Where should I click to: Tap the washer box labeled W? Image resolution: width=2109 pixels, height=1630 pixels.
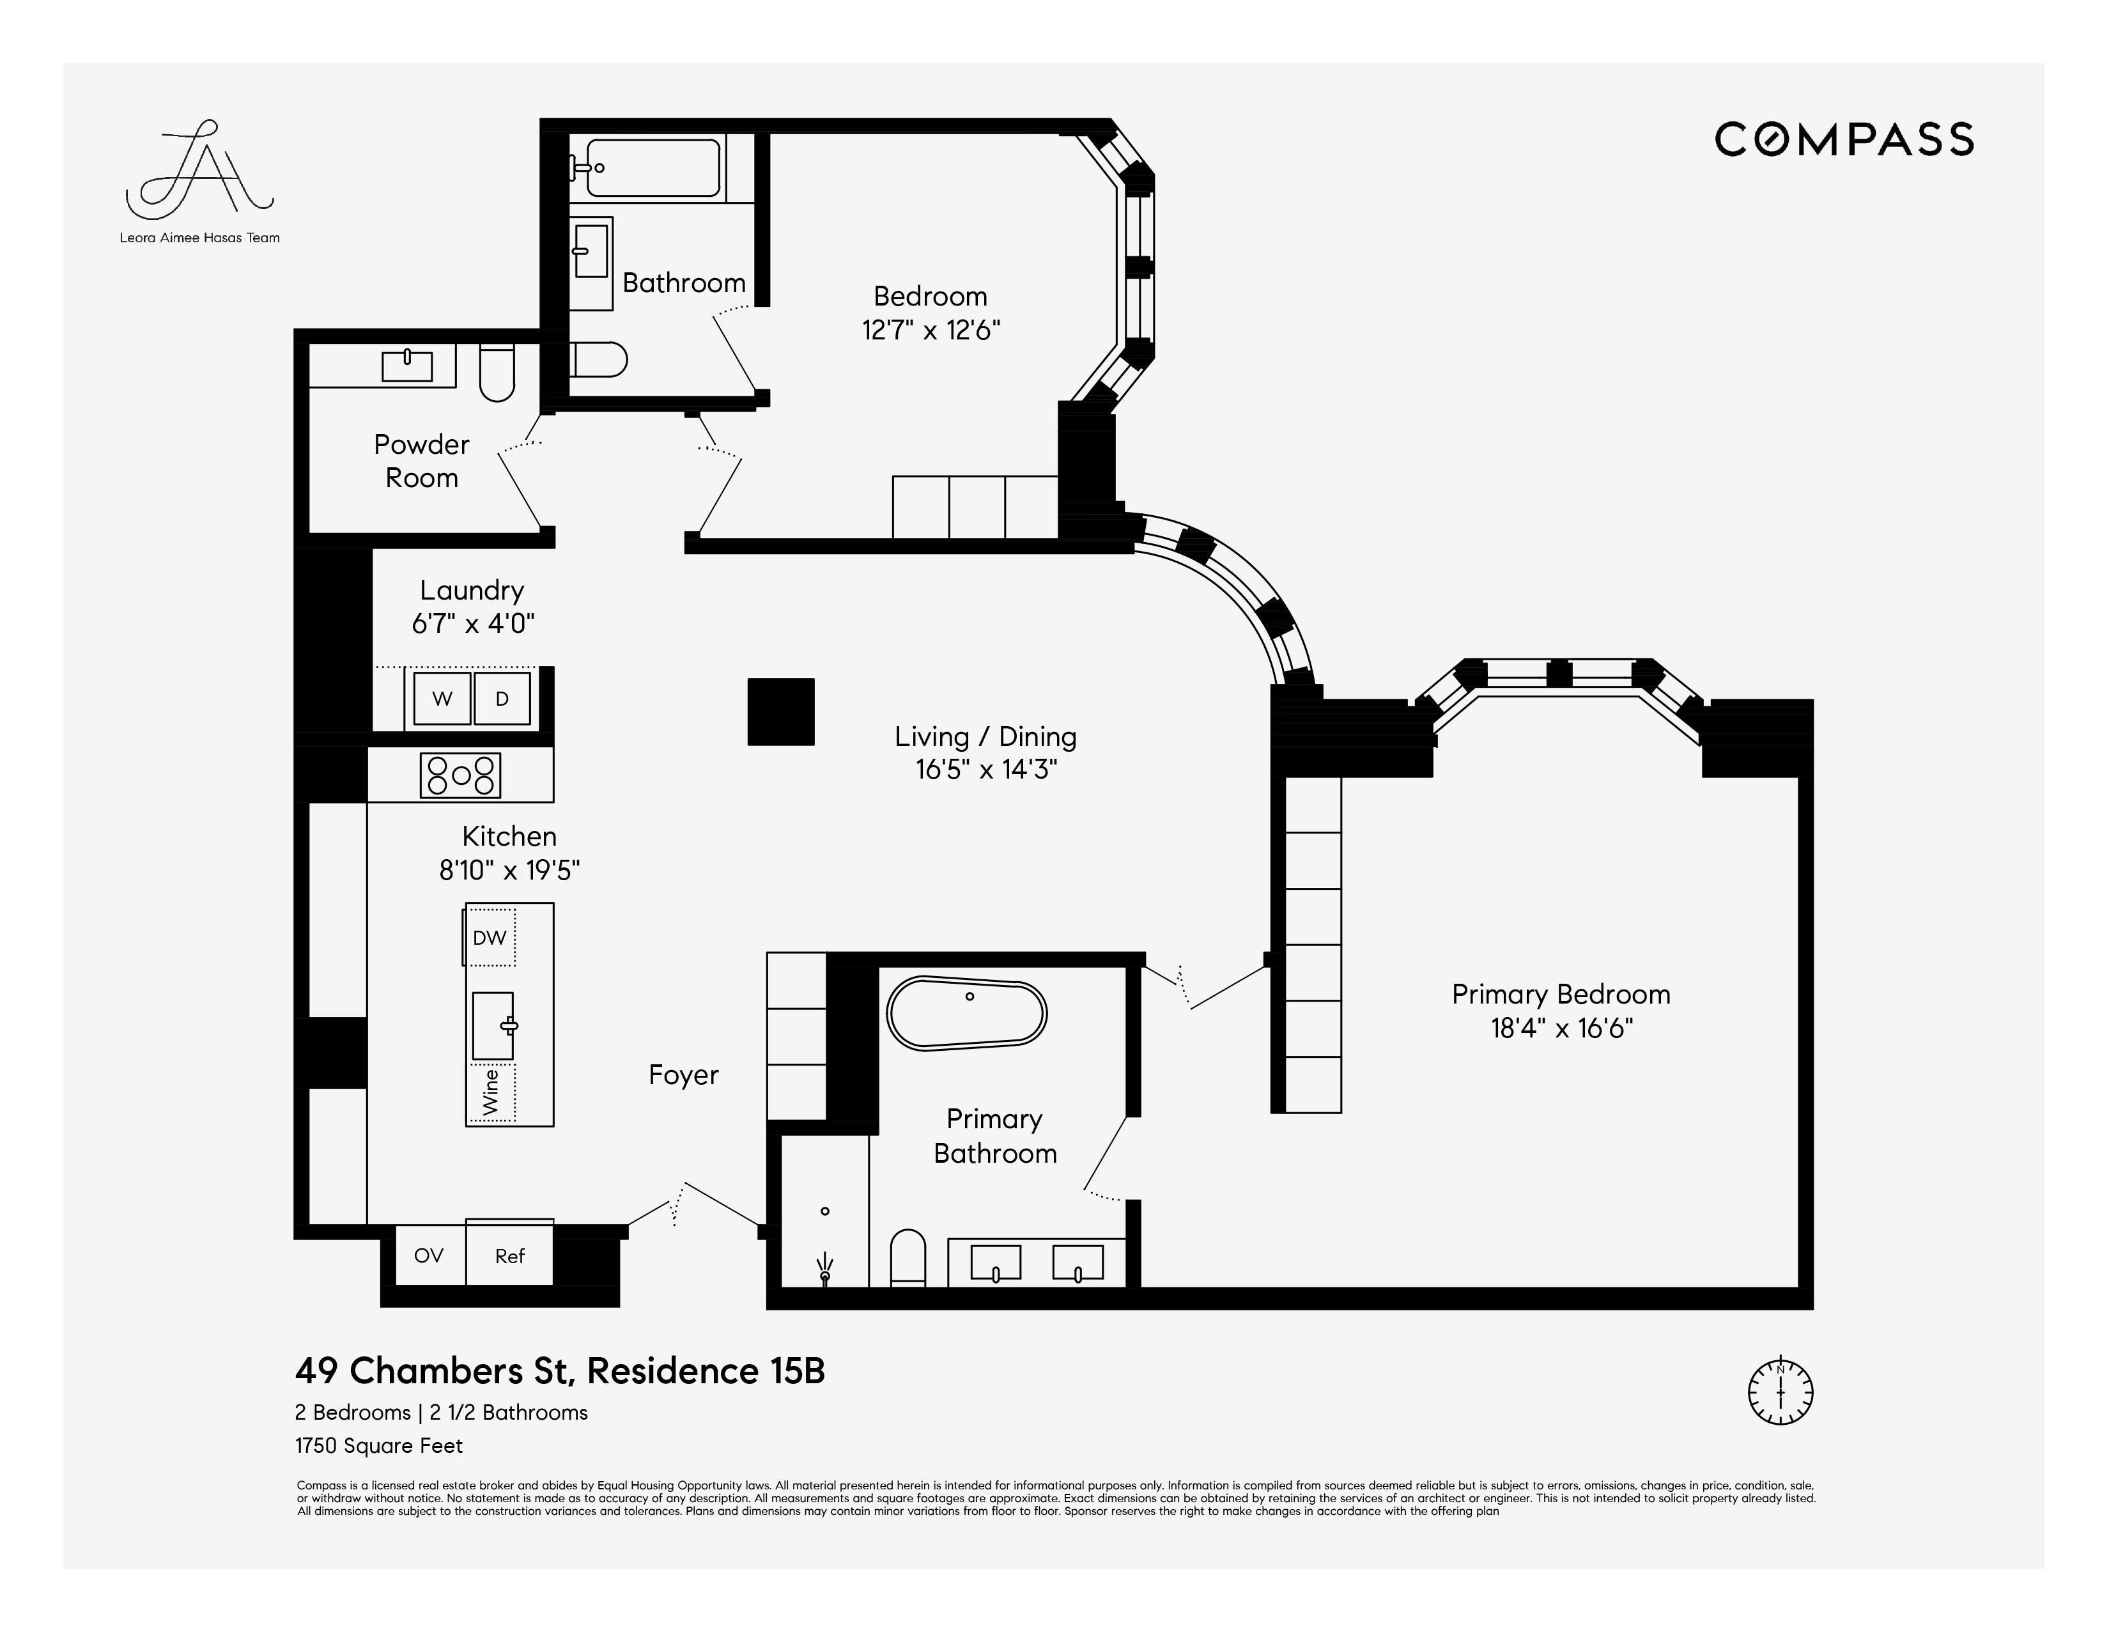click(x=442, y=698)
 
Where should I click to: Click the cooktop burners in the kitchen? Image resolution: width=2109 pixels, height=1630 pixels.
click(x=461, y=775)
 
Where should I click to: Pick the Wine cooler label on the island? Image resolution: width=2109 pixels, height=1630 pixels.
click(x=491, y=1092)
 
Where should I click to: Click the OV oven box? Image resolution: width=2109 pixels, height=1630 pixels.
click(x=429, y=1255)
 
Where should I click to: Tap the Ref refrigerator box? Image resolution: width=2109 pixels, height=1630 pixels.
click(x=510, y=1255)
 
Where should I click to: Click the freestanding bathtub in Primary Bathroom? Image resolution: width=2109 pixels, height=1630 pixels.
click(x=966, y=1014)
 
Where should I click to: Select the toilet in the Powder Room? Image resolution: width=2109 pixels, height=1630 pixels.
click(x=497, y=373)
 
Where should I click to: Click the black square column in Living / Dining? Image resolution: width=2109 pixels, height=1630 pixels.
click(x=780, y=711)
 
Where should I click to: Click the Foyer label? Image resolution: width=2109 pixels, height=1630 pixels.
click(x=684, y=1075)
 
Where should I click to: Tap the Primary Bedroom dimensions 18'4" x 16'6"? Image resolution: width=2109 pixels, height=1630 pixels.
click(x=1561, y=1028)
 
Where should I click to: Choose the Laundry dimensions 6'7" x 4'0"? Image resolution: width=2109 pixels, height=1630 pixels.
click(x=473, y=624)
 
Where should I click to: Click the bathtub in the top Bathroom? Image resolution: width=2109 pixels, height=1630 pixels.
click(x=654, y=168)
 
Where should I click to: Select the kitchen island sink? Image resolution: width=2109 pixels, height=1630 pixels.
click(x=493, y=1025)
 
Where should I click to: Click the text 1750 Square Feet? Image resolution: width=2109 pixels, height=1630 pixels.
click(x=378, y=1445)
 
